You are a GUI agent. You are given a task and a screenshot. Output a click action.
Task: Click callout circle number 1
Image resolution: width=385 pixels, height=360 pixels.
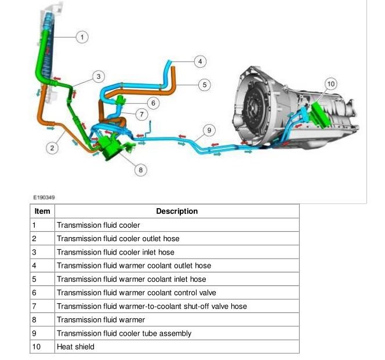[82, 37]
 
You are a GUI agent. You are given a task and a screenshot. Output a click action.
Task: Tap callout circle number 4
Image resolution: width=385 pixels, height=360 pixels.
[199, 61]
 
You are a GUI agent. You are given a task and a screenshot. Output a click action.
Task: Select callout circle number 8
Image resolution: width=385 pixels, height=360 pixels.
[140, 169]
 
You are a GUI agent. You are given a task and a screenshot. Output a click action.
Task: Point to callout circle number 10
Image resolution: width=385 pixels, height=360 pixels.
[330, 84]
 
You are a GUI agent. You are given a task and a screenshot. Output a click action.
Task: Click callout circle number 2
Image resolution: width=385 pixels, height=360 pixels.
[52, 148]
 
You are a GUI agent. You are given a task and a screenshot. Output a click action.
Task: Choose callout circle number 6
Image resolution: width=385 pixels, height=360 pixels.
[153, 103]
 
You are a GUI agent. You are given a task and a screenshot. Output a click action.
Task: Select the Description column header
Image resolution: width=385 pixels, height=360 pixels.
[177, 211]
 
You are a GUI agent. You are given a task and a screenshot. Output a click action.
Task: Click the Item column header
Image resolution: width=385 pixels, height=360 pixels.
[42, 211]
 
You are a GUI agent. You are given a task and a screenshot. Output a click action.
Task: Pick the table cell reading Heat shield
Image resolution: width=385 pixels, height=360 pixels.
[75, 347]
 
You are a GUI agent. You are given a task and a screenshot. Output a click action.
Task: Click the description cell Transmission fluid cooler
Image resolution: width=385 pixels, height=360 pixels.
[98, 225]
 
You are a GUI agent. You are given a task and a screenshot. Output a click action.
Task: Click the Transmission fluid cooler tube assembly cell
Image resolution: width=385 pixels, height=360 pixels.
[124, 333]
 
